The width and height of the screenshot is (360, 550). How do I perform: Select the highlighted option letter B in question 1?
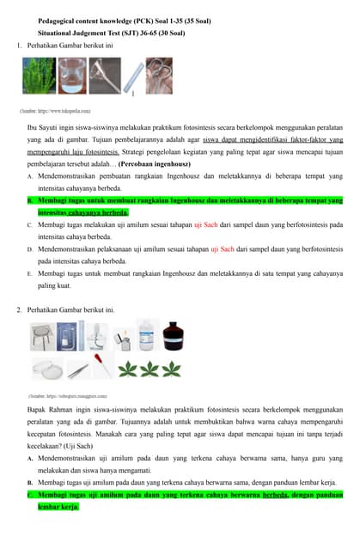tap(30, 200)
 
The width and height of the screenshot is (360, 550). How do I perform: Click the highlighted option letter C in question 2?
tap(30, 495)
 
